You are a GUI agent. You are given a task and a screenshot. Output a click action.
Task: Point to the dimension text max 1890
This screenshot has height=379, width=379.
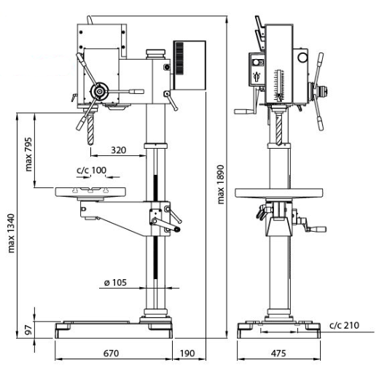[x=219, y=184]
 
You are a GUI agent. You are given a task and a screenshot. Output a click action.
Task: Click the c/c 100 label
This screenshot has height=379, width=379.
[x=91, y=171]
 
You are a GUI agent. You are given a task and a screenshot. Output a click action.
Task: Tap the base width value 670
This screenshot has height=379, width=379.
[x=111, y=353]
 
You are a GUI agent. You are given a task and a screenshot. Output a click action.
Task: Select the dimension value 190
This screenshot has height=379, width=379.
[x=187, y=353]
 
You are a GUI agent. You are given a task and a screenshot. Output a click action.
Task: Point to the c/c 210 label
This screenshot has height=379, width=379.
[x=344, y=325]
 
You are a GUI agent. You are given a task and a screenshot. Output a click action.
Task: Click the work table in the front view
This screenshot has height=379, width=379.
[x=91, y=192]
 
